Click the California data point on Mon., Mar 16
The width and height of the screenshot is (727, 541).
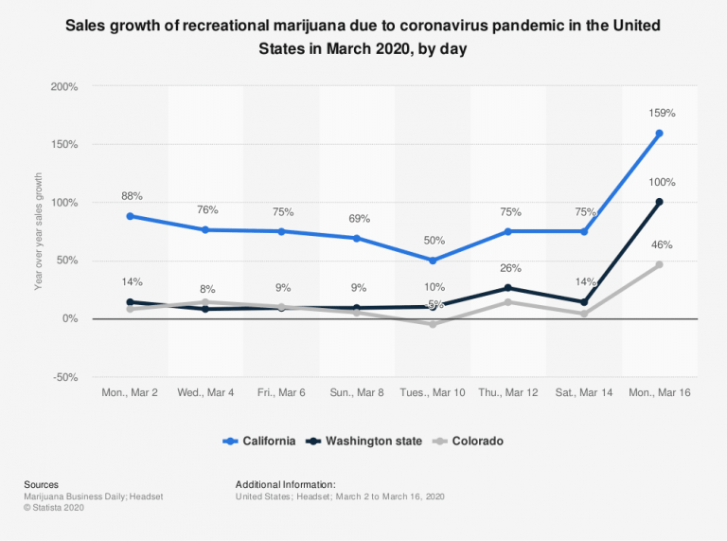[659, 134]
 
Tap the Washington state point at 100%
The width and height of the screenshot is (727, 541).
[659, 202]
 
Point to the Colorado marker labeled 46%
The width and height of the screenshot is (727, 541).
[659, 264]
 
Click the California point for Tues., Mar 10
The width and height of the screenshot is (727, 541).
[433, 261]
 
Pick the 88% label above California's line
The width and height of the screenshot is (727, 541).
[132, 196]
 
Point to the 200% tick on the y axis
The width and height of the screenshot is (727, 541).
[64, 87]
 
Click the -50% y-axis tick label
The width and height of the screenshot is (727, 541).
[64, 377]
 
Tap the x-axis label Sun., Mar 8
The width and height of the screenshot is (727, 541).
[357, 392]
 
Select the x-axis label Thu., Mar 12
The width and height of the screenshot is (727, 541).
[508, 392]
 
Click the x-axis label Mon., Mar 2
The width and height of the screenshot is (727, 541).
[131, 392]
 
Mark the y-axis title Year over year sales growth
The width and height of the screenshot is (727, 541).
[39, 231]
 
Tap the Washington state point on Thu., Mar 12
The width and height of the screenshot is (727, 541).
[508, 288]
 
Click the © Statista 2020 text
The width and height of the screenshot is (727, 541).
[56, 509]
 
